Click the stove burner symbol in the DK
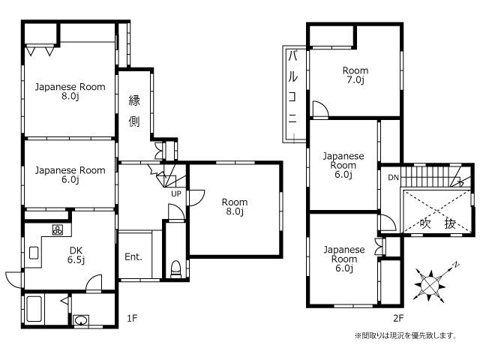pyautogui.click(x=58, y=229)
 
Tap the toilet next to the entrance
pyautogui.click(x=175, y=269)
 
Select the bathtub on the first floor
pyautogui.click(x=34, y=308)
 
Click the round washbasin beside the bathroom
pyautogui.click(x=81, y=321)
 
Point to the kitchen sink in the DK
pyautogui.click(x=34, y=253)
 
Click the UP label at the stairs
pyautogui.click(x=176, y=193)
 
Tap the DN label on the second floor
pyautogui.click(x=393, y=177)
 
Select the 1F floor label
pyautogui.click(x=132, y=318)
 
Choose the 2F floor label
pyautogui.click(x=398, y=318)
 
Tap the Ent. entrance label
pyautogui.click(x=133, y=256)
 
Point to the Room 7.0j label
pyautogui.click(x=355, y=75)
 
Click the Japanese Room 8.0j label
pyautogui.click(x=70, y=91)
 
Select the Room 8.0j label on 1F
pyautogui.click(x=235, y=207)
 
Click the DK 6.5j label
pyautogui.click(x=76, y=255)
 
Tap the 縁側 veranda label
pyautogui.click(x=134, y=111)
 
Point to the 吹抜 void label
pyautogui.click(x=438, y=223)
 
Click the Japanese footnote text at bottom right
pyautogui.click(x=406, y=336)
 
